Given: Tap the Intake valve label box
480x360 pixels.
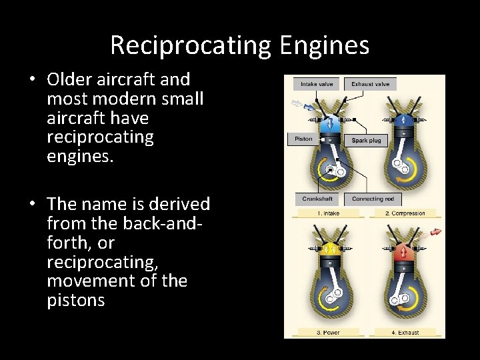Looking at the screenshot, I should (x=317, y=84).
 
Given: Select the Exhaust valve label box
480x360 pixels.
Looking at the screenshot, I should (x=371, y=84).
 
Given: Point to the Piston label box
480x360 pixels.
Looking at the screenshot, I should (x=303, y=139).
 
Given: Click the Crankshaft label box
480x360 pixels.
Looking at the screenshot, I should (x=317, y=199).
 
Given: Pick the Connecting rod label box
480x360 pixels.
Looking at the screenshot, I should (x=373, y=199).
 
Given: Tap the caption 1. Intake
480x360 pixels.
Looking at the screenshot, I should (x=327, y=213).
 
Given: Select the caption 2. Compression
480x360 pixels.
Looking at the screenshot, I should (x=405, y=213).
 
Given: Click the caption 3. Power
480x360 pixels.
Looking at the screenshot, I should (x=327, y=332).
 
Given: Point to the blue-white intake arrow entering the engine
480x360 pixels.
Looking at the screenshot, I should (x=295, y=105).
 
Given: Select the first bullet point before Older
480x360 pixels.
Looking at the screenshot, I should (x=32, y=80).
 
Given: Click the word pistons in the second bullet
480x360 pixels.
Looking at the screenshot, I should (x=76, y=300).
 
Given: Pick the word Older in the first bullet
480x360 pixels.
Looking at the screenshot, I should (x=71, y=79).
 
